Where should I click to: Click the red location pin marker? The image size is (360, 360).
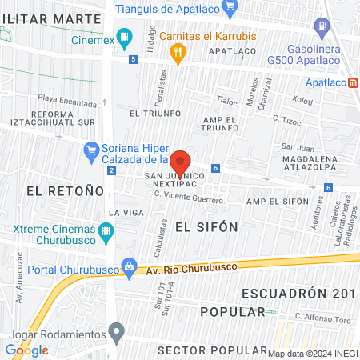point(180,162)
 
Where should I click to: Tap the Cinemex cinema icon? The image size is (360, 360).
point(124,37)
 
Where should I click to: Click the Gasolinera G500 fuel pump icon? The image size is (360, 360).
point(322,26)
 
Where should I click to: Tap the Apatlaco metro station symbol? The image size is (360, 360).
point(354,82)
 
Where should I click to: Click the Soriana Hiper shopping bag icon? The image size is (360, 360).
point(92,150)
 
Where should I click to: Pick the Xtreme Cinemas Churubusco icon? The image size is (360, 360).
point(106,233)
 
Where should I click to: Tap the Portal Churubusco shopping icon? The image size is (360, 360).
point(127,267)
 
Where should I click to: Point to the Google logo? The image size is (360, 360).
point(27,350)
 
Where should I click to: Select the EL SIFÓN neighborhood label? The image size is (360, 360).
point(206,226)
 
